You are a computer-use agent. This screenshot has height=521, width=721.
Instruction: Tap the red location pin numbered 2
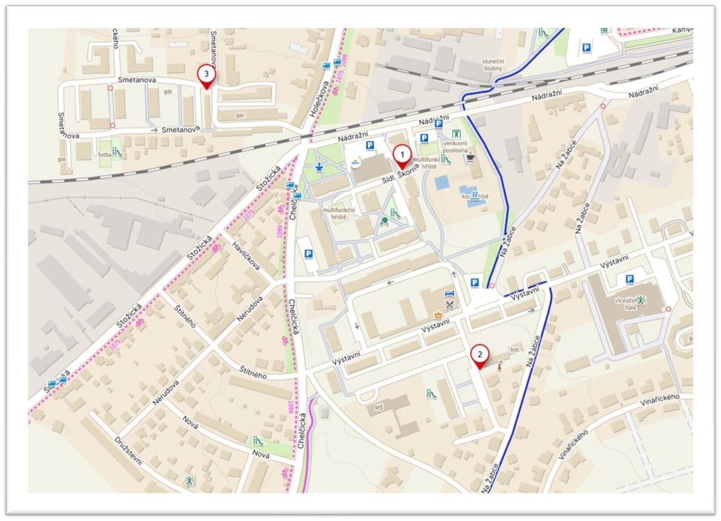point(478,355)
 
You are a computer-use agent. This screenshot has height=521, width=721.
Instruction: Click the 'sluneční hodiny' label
point(492,66)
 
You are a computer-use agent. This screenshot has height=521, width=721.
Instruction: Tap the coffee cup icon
point(470,157)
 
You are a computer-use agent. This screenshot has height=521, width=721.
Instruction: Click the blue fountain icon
point(319,167)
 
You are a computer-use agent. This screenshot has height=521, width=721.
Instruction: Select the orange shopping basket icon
point(438,315)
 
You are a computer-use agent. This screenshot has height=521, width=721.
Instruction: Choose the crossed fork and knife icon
point(450,304)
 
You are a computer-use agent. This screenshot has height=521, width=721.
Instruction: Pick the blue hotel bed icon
point(449,294)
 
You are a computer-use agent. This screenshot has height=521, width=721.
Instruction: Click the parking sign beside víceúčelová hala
point(630,279)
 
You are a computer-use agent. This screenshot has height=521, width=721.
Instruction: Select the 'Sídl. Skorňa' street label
point(401,174)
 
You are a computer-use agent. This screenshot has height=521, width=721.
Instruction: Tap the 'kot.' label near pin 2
point(516,349)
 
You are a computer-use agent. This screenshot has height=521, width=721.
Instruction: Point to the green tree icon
point(384,221)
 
